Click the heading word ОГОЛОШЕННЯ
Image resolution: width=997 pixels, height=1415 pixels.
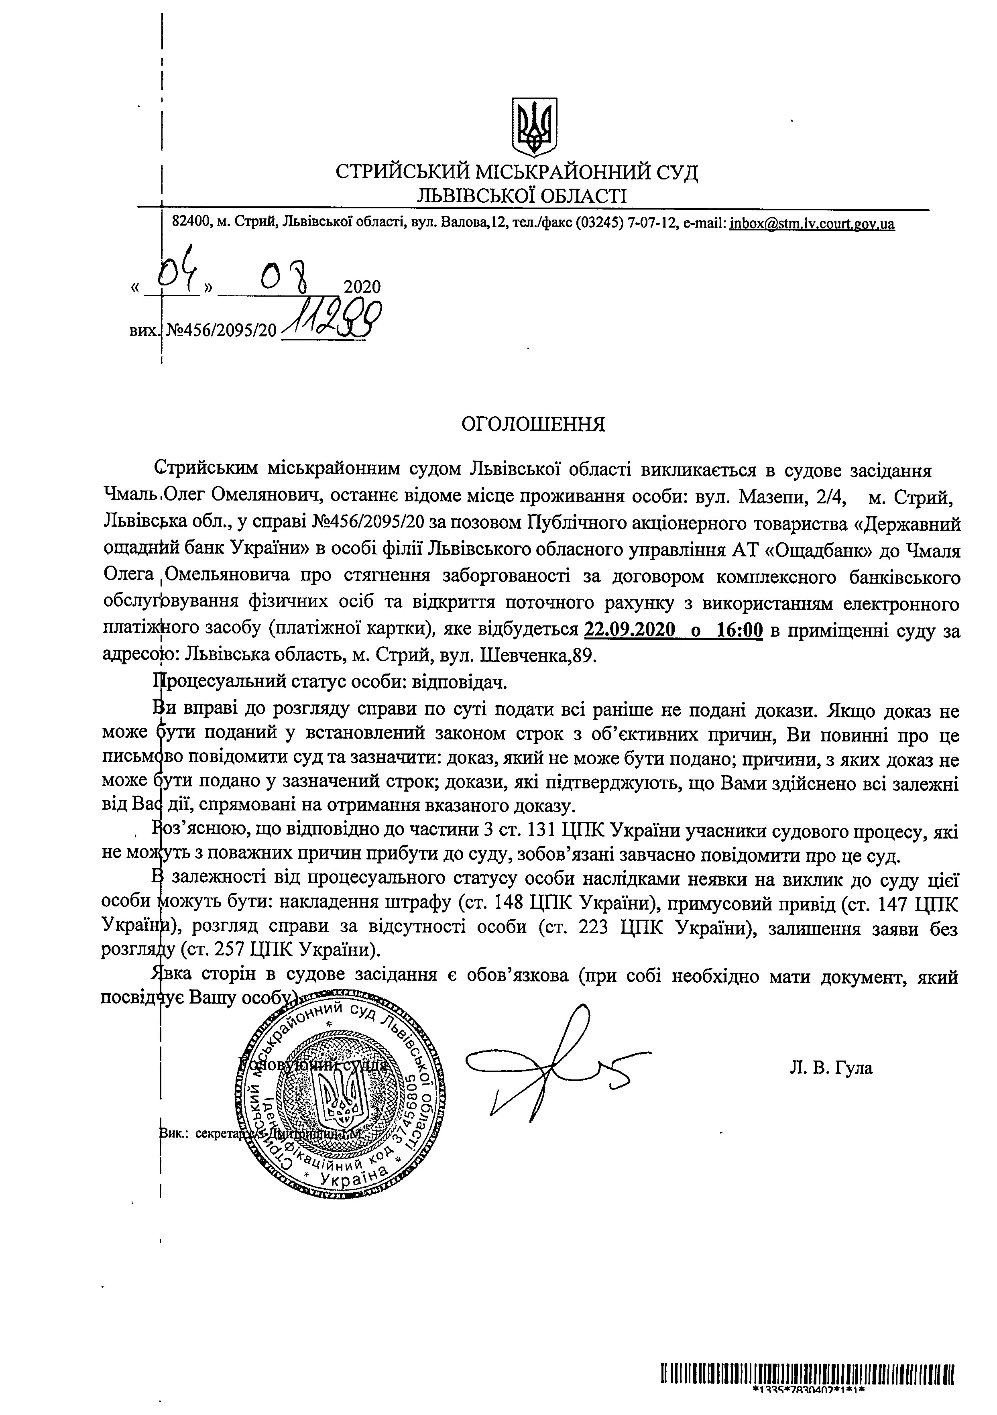tap(534, 425)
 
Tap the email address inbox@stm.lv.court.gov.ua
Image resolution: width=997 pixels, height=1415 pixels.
tap(812, 223)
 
